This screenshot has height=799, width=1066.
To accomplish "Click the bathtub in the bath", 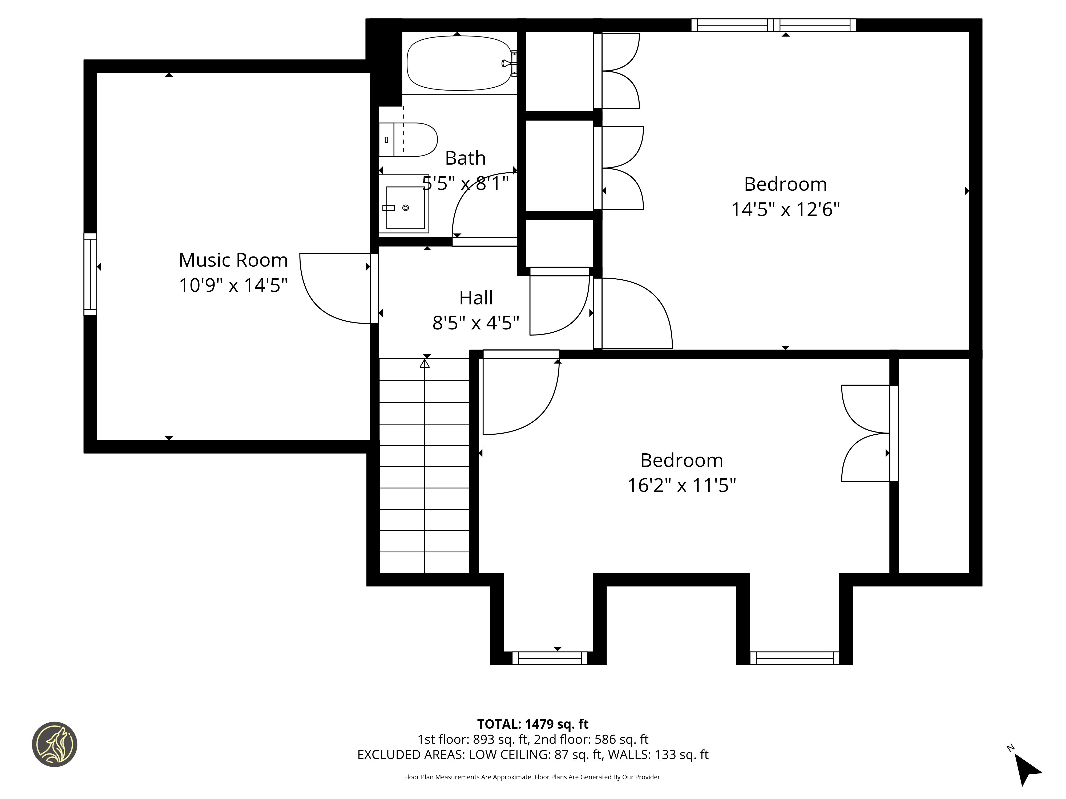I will click(459, 63).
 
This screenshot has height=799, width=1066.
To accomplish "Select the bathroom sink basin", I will click(405, 207).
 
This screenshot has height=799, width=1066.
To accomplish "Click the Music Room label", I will click(233, 260).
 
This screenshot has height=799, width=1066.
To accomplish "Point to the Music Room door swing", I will click(328, 294).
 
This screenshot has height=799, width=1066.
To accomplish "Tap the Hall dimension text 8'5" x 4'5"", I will click(476, 323).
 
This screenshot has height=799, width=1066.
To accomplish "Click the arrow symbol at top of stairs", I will click(425, 364).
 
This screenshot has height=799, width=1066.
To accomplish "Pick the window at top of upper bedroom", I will click(773, 25).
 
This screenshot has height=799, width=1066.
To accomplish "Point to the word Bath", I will click(465, 158).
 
